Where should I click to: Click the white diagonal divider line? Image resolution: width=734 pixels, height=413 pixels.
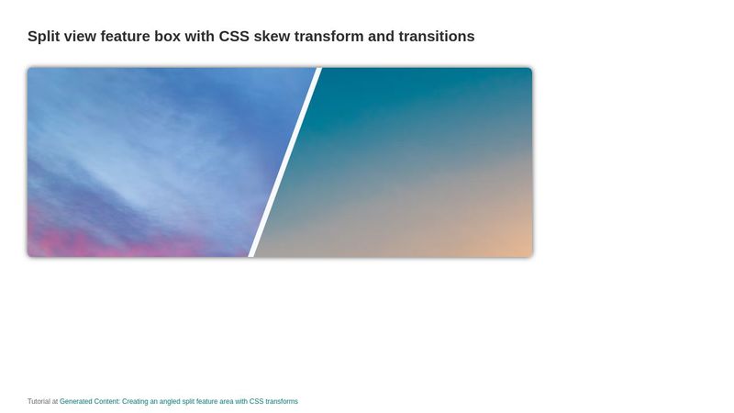coord(285,162)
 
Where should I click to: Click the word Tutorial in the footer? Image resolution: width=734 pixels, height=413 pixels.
coord(39,402)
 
